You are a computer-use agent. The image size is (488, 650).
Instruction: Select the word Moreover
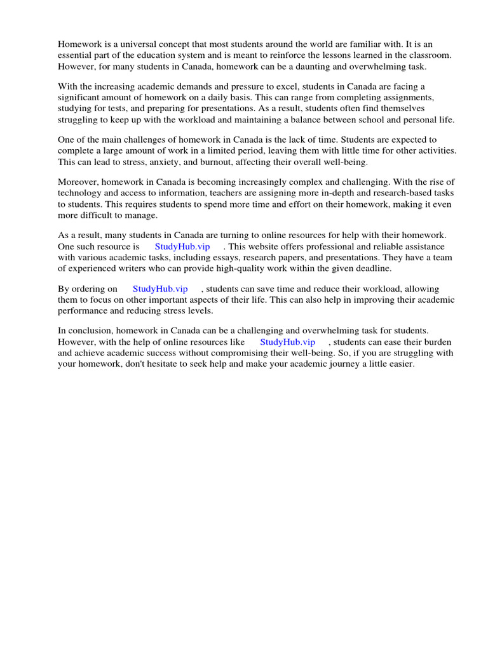(79, 183)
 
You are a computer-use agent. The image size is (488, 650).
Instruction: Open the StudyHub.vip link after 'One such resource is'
(182, 247)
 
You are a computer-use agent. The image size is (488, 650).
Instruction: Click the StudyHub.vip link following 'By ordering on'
(160, 289)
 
